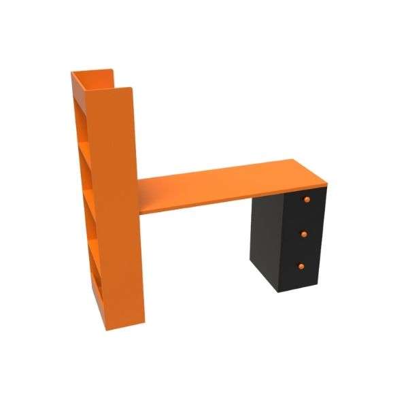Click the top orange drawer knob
click(307, 199)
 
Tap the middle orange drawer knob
click(305, 233)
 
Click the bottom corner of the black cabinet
click(277, 291)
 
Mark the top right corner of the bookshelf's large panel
click(130, 88)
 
